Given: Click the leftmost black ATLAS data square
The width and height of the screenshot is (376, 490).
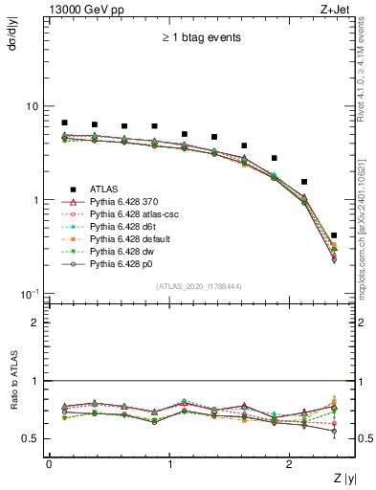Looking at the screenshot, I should coord(64,122).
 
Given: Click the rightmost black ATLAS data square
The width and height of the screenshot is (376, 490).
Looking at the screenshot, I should coord(333,234).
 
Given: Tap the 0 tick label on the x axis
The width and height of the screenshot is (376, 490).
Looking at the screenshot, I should coord(49,463).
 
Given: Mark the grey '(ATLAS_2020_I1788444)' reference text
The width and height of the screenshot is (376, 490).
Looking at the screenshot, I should coord(198,286).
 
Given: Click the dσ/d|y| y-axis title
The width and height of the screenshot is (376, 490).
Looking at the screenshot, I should coord(12,34).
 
